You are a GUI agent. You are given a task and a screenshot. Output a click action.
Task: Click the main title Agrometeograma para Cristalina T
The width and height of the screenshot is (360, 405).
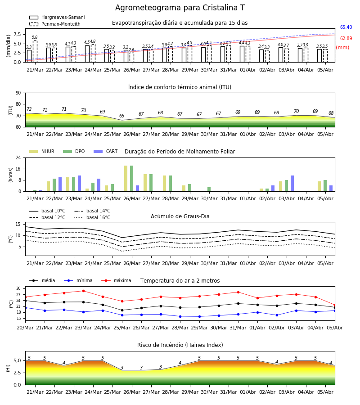tap(180, 8)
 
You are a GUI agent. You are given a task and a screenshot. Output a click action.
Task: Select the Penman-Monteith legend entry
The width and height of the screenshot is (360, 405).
tap(55, 24)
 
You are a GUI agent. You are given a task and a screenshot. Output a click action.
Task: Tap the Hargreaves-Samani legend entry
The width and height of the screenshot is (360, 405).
tap(57, 17)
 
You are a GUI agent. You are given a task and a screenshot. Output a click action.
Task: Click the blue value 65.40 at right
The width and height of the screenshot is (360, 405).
tap(346, 27)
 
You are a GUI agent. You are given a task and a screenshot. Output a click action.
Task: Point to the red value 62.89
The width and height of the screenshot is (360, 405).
tap(346, 39)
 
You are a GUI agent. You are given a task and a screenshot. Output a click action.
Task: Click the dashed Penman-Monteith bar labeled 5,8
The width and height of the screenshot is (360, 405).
tap(35, 51)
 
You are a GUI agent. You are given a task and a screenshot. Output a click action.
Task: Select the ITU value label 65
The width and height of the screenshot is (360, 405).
tap(121, 116)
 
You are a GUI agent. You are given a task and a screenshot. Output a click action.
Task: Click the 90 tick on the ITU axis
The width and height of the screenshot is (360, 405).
tap(18, 93)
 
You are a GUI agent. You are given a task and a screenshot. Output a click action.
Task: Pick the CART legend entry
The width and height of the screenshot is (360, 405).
tap(106, 151)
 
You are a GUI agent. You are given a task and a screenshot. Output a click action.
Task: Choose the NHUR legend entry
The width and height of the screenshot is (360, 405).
tap(42, 151)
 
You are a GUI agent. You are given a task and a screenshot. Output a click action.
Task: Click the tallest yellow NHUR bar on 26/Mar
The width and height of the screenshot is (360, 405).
tap(126, 179)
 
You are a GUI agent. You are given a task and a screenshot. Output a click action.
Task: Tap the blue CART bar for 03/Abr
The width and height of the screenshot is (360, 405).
tap(292, 184)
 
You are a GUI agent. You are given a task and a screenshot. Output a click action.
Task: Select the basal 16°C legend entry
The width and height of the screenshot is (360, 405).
tap(92, 217)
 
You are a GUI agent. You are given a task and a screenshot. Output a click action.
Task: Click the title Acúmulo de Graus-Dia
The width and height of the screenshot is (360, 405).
tap(180, 216)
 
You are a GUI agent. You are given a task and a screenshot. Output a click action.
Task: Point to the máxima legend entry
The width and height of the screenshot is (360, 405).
tap(116, 280)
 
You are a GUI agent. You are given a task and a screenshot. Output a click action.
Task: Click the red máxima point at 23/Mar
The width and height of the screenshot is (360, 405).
tap(83, 291)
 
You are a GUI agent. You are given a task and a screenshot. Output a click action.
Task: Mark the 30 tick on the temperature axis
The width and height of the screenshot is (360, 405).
tap(18, 288)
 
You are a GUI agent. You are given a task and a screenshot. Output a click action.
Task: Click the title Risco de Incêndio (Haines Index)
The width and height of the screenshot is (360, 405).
tap(180, 345)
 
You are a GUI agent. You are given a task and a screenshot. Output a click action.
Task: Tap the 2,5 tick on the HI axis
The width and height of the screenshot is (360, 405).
tap(18, 373)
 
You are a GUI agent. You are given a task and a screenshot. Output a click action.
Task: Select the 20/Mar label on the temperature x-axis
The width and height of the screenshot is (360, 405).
tap(25, 328)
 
